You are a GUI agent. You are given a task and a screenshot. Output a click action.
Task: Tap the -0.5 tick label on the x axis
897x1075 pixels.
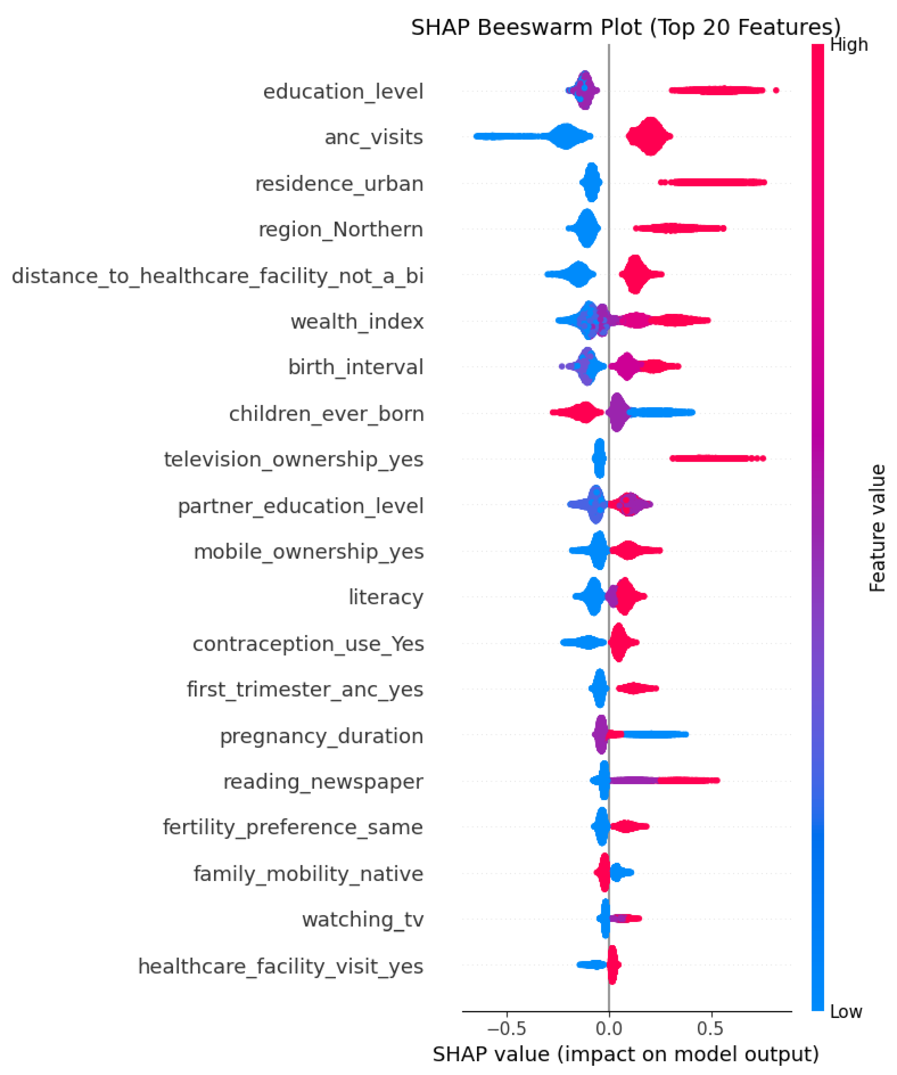point(506,1028)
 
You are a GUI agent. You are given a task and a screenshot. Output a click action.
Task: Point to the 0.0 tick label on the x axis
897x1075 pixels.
point(609,1028)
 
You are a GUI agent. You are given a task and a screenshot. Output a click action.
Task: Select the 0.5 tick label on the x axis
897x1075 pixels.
point(710,1028)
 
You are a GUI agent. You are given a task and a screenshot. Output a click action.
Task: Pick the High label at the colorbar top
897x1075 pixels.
point(849,45)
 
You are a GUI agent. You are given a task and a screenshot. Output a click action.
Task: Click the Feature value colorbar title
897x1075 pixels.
point(877,528)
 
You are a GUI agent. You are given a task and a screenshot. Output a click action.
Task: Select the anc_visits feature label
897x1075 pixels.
point(374,137)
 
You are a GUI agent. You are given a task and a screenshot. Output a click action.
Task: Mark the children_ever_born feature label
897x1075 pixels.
point(326,414)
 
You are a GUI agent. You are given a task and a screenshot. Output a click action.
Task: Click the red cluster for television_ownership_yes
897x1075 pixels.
point(717,458)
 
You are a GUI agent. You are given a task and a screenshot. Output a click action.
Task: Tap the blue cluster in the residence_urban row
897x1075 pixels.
point(591,183)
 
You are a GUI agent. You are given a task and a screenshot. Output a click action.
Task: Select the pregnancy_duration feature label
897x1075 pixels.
point(322,736)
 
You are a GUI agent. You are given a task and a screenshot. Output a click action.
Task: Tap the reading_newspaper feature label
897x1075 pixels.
point(323,782)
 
